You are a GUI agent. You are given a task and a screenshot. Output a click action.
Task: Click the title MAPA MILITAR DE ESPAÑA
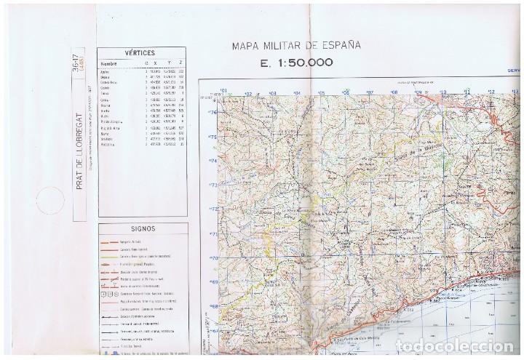pos(295,46)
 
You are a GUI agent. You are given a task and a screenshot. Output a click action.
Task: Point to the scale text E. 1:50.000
pos(296,63)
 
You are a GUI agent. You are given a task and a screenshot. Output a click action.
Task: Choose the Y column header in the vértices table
pos(166,64)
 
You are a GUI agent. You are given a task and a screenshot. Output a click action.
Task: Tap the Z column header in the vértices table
pos(180,64)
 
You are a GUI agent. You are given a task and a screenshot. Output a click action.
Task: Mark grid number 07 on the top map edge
pos(370,92)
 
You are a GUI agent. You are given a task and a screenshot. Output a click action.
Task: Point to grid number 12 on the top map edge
pos(493,92)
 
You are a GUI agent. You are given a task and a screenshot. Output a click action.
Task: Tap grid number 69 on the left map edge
pos(213,282)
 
